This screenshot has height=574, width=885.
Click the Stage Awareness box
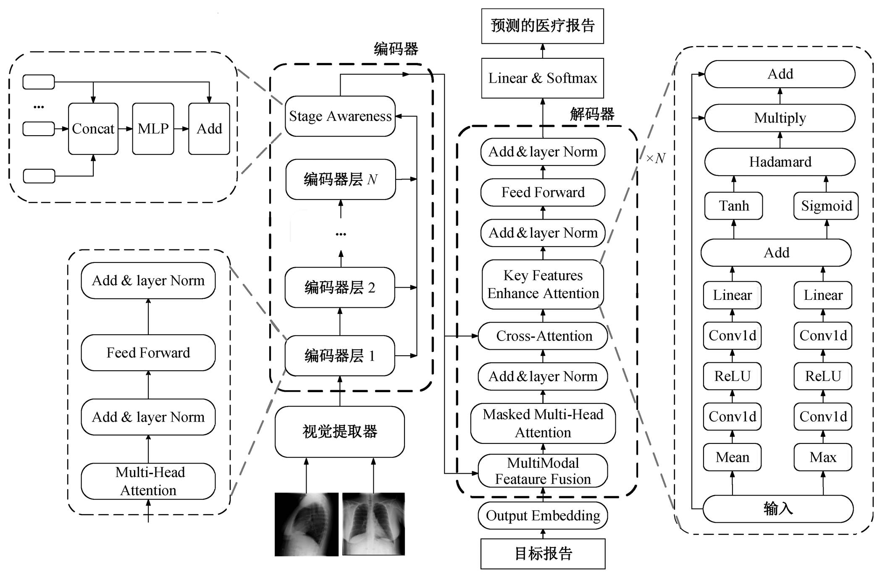[x=340, y=116]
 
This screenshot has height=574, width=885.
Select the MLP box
[x=153, y=128]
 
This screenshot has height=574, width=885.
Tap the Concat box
[x=93, y=128]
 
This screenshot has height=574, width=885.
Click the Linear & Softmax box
[x=542, y=78]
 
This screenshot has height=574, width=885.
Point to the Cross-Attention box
[x=543, y=336]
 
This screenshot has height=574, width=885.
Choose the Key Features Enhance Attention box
[x=543, y=284]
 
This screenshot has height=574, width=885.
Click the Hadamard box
[x=780, y=162]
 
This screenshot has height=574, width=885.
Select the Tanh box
[x=733, y=206]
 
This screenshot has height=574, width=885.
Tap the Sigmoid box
[x=826, y=206]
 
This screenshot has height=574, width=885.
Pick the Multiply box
[x=780, y=118]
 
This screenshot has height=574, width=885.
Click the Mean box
[x=732, y=457]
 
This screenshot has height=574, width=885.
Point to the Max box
[x=823, y=457]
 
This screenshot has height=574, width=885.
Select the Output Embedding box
[x=543, y=516]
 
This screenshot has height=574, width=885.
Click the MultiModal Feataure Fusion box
[x=543, y=471]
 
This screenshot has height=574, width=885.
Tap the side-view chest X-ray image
[x=307, y=524]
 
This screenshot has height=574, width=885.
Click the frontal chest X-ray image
[x=373, y=524]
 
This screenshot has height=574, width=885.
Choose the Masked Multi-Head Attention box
[x=543, y=423]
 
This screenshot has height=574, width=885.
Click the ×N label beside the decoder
[x=656, y=158]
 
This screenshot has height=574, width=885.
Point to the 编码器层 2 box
[x=340, y=288]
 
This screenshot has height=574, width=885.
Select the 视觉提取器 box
[x=340, y=432]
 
